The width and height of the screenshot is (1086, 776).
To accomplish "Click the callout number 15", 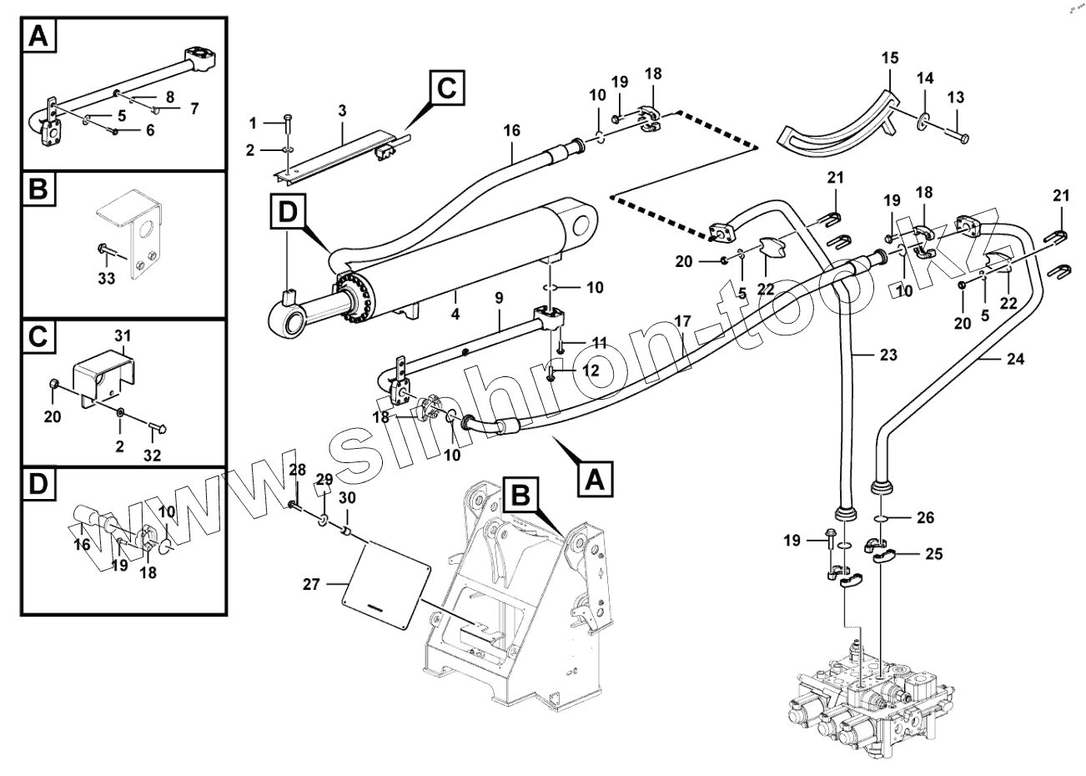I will (890, 58).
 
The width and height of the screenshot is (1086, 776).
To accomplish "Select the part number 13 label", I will (956, 98).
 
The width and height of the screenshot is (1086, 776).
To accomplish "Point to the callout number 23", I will (887, 355).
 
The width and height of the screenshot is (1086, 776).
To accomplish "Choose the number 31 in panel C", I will (123, 335).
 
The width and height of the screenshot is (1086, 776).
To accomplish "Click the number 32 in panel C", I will (152, 456).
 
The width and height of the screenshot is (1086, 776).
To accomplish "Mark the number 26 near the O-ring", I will (926, 518).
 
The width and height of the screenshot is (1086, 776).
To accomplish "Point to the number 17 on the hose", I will (683, 320).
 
